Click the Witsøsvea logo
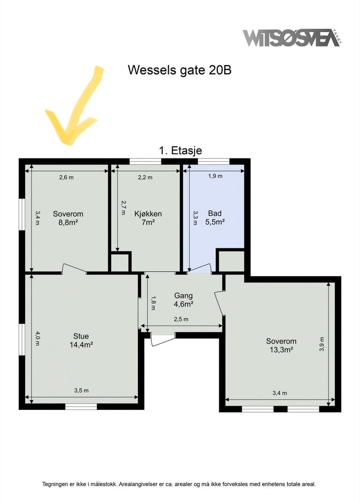pos(291,38)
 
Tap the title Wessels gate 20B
pos(179,70)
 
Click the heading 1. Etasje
pos(181,151)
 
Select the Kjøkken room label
pos(148,214)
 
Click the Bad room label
pos(215,214)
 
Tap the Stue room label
pos(81,336)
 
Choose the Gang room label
pos(184,296)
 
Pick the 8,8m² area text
pos(68,223)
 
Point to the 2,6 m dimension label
pos(66,177)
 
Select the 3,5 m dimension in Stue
pos(81,391)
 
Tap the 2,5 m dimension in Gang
pos(181,319)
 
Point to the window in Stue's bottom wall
pos(81,406)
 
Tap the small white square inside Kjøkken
pos(120,262)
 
